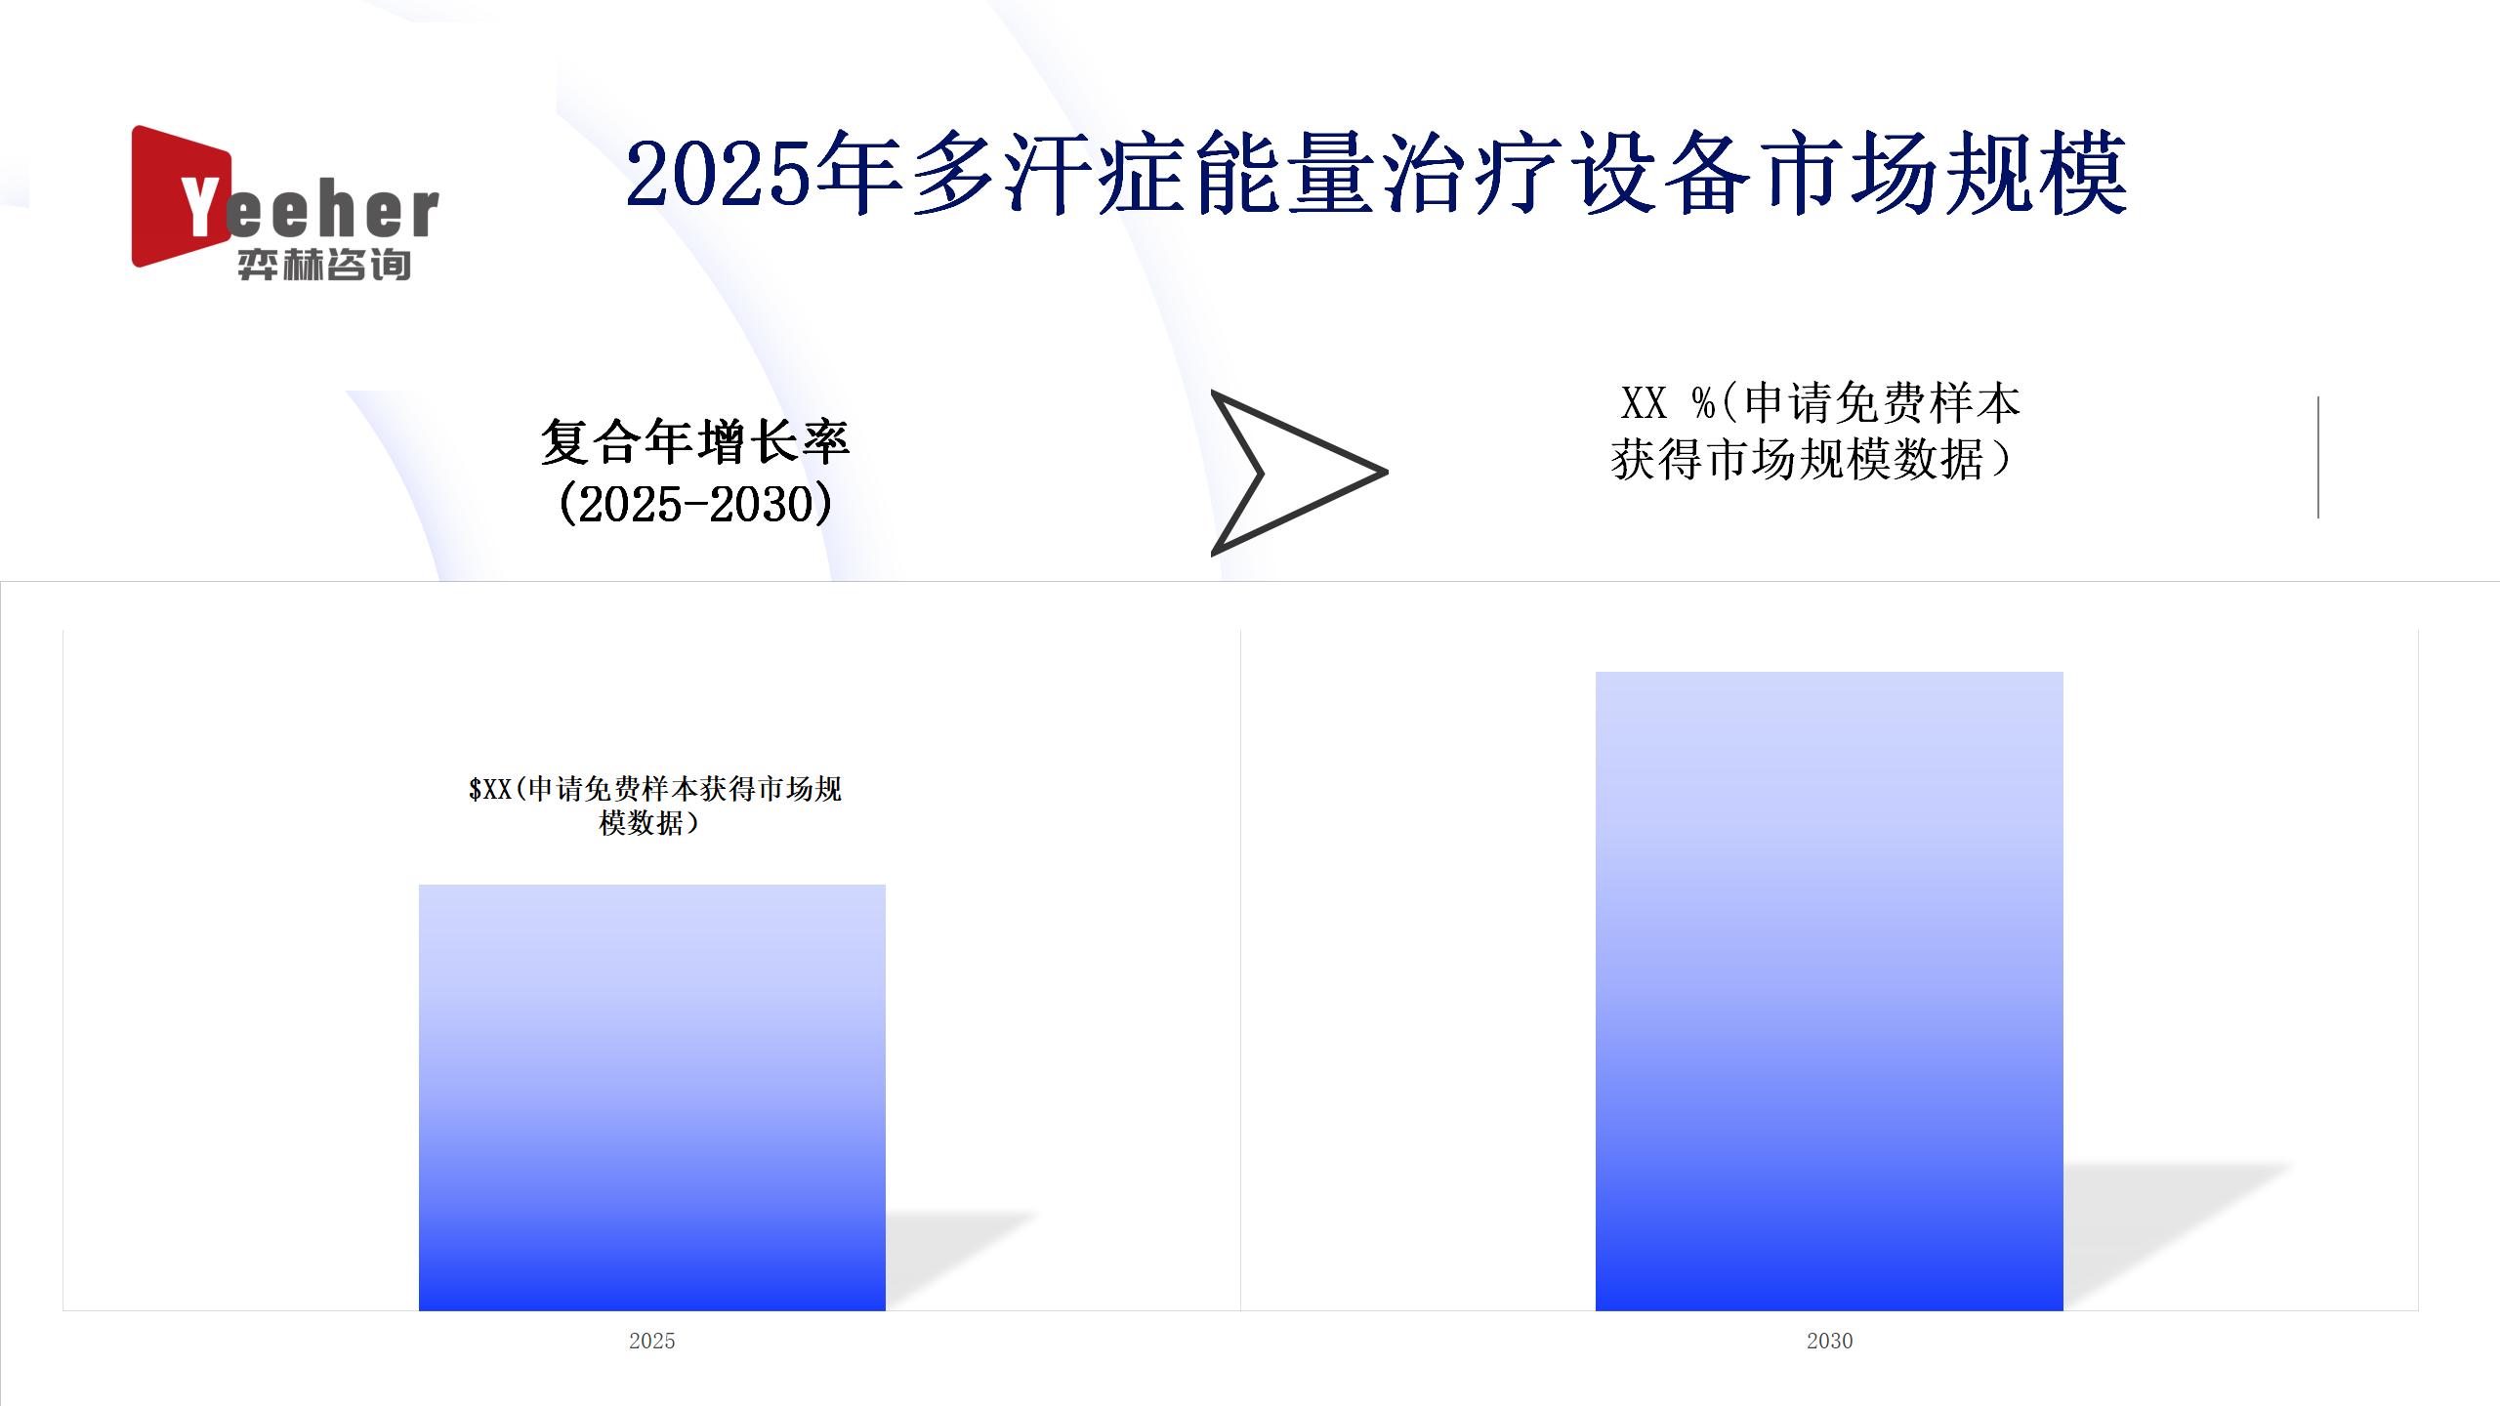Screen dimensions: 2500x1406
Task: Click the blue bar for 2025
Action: pos(652,1097)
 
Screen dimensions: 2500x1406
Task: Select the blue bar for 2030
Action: pos(1829,991)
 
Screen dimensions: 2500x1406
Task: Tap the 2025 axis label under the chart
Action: pos(652,1341)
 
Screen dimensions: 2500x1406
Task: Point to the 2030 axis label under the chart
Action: pos(1829,1341)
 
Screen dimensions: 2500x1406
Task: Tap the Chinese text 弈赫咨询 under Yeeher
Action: pos(324,265)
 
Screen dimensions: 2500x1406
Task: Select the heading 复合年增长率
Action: pos(695,442)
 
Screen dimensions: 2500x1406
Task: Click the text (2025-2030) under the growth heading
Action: pos(695,505)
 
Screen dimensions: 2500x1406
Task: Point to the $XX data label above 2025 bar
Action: pos(654,806)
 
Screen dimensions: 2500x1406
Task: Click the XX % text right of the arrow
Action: pos(1668,402)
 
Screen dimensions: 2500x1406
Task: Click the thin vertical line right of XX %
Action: pos(2318,457)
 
